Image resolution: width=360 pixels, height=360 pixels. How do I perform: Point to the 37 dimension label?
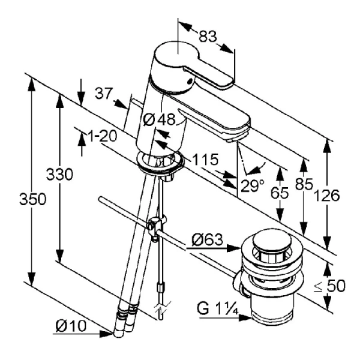[x=104, y=94]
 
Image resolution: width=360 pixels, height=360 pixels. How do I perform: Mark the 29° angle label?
[x=252, y=185]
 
